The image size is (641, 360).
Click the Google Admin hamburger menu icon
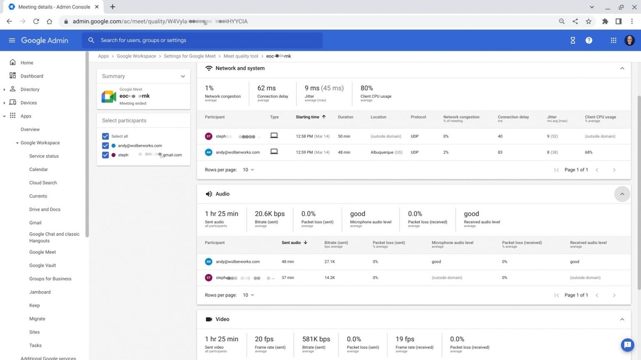click(12, 41)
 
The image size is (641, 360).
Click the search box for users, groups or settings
click(203, 41)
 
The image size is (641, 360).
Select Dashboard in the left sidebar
click(32, 76)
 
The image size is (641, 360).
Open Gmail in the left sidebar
click(35, 223)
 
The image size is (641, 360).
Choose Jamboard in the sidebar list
click(40, 292)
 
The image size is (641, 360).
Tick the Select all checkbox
click(105, 136)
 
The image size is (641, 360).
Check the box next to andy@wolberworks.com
click(105, 146)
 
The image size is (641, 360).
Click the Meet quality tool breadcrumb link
click(240, 56)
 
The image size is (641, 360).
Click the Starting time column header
click(308, 117)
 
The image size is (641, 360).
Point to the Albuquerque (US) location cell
click(386, 152)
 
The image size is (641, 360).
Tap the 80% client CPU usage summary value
click(366, 88)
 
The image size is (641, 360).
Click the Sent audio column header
click(291, 242)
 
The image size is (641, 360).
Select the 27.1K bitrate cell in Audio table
click(330, 262)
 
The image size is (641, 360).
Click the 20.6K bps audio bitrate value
click(269, 214)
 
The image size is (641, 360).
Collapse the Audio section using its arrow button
click(622, 194)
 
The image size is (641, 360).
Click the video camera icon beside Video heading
click(209, 319)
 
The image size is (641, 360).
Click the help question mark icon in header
click(589, 41)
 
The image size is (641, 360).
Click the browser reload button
click(36, 21)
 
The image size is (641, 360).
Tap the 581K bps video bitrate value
click(316, 339)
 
